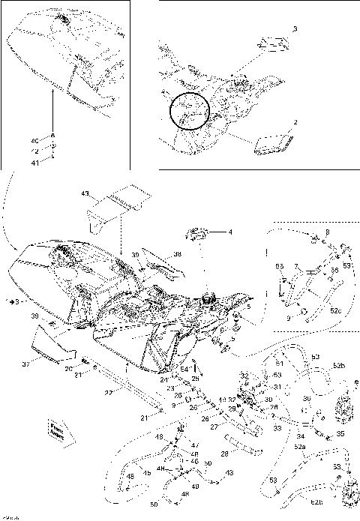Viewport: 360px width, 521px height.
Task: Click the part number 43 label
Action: coord(85,194)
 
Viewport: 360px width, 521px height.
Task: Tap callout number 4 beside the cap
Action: coord(230,232)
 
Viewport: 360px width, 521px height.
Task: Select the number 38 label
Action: coord(177,255)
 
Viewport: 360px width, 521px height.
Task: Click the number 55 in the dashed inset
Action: coord(280,266)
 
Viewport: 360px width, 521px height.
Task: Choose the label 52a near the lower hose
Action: coord(300,446)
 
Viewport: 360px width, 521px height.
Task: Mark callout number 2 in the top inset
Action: coord(295,121)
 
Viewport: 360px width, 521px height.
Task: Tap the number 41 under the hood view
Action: coord(34,162)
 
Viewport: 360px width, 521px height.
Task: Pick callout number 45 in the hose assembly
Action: coord(147,473)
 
